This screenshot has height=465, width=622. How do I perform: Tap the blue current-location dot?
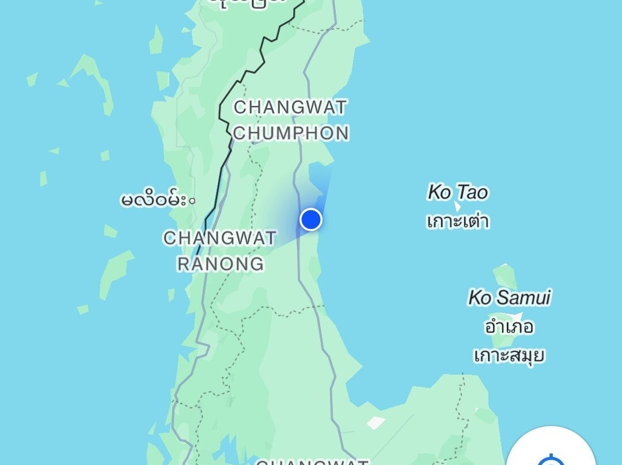(311, 219)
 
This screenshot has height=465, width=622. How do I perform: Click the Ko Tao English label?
(457, 192)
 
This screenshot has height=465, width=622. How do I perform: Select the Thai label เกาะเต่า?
(458, 221)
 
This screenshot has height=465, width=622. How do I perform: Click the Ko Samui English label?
(509, 298)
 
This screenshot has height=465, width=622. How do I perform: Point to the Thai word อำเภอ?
(509, 327)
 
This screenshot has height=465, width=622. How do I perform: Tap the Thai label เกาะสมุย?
(509, 355)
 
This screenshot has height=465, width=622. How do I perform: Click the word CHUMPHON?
(291, 134)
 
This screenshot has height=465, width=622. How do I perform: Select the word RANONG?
(220, 264)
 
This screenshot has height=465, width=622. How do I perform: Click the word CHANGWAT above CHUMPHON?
(290, 108)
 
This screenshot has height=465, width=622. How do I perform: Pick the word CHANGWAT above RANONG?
(220, 238)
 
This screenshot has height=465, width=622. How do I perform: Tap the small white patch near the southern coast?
(376, 423)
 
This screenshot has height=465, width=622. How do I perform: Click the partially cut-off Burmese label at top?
(248, 3)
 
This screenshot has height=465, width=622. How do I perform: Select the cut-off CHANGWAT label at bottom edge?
(312, 462)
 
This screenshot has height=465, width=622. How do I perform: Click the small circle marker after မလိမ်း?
(192, 201)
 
